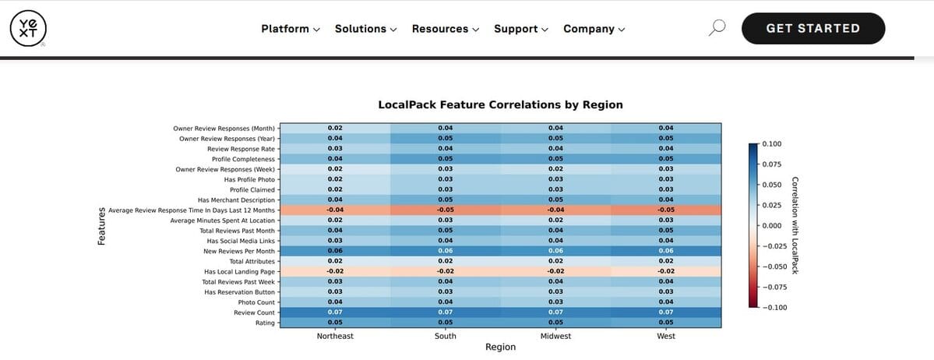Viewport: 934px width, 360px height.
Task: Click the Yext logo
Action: pyautogui.click(x=29, y=29)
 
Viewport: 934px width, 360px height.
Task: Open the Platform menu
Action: pyautogui.click(x=291, y=29)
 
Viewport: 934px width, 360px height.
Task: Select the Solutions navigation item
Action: pyautogui.click(x=365, y=29)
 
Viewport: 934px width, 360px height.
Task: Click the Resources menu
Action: pyautogui.click(x=446, y=29)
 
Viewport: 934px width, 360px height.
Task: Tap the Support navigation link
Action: pyautogui.click(x=521, y=29)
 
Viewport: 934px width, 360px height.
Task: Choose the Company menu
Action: pyautogui.click(x=594, y=29)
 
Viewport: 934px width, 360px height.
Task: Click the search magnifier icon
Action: pyautogui.click(x=717, y=28)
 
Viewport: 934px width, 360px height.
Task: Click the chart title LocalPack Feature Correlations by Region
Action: pyautogui.click(x=500, y=104)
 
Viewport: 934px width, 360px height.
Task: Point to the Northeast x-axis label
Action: pyautogui.click(x=335, y=336)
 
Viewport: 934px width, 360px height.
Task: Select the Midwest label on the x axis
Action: pyautogui.click(x=555, y=336)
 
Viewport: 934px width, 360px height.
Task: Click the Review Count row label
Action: pyautogui.click(x=256, y=312)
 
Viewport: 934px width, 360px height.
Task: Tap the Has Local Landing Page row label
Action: pyautogui.click(x=239, y=272)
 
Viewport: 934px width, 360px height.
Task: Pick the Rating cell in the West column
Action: pyautogui.click(x=666, y=323)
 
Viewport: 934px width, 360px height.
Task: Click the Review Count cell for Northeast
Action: pyautogui.click(x=335, y=312)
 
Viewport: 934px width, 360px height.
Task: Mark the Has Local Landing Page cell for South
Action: pyautogui.click(x=445, y=272)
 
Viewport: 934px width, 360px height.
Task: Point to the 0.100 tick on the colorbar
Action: pyautogui.click(x=773, y=144)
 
